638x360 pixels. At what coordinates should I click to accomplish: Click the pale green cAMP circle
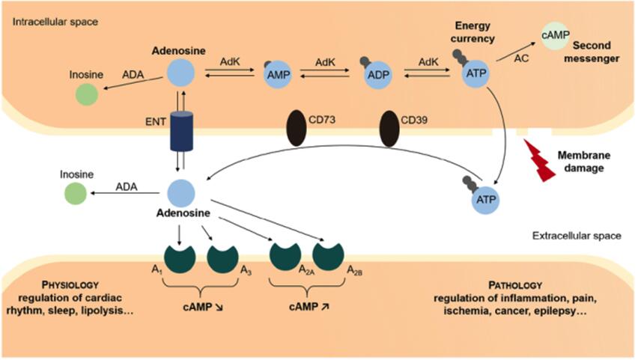click(550, 35)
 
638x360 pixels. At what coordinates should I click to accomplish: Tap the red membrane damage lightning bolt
click(541, 153)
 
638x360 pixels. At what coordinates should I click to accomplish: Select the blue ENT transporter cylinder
click(180, 132)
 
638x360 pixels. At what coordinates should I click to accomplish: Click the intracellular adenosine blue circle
click(180, 73)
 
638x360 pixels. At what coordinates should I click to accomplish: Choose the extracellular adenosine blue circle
click(180, 192)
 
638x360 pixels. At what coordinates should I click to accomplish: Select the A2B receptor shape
click(327, 254)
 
